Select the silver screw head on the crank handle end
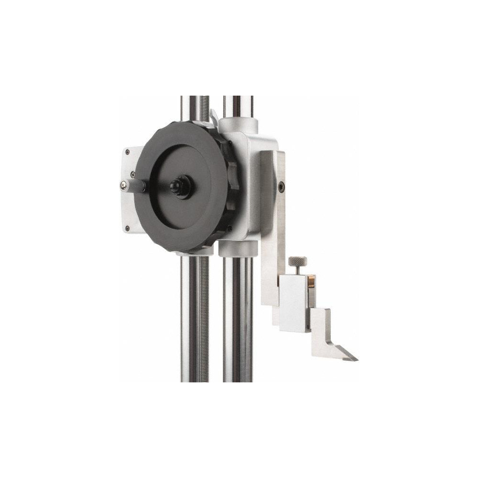[x=124, y=185]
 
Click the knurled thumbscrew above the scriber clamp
[x=297, y=261]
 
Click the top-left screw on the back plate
[x=127, y=152]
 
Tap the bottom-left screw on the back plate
[x=127, y=228]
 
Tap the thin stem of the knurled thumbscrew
[x=297, y=271]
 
